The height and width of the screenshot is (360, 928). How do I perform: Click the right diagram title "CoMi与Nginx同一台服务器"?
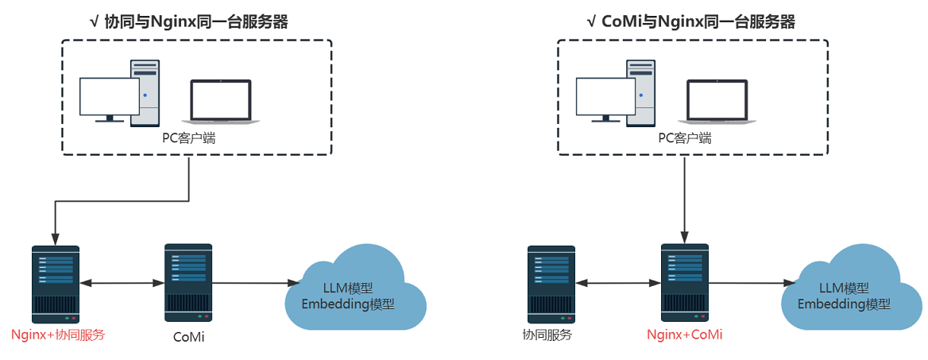[x=691, y=22]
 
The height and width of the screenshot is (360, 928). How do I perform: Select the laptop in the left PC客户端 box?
[x=221, y=101]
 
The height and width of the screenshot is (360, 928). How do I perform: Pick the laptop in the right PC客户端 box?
[x=717, y=101]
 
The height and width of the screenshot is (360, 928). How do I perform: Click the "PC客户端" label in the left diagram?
[x=189, y=138]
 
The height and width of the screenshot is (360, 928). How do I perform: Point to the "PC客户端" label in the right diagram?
[x=685, y=138]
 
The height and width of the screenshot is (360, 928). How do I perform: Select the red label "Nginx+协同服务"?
[x=58, y=335]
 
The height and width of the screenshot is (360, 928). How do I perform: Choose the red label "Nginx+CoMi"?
[x=685, y=335]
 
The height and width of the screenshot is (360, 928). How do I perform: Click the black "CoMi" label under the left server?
[x=188, y=337]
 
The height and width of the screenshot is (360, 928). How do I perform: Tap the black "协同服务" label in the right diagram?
[x=547, y=335]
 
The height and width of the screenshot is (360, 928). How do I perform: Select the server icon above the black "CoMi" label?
[x=188, y=281]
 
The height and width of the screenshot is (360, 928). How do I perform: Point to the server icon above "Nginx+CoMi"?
[x=684, y=281]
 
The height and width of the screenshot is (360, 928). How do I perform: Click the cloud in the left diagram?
[x=356, y=290]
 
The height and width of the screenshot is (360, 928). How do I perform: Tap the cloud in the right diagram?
[x=853, y=290]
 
